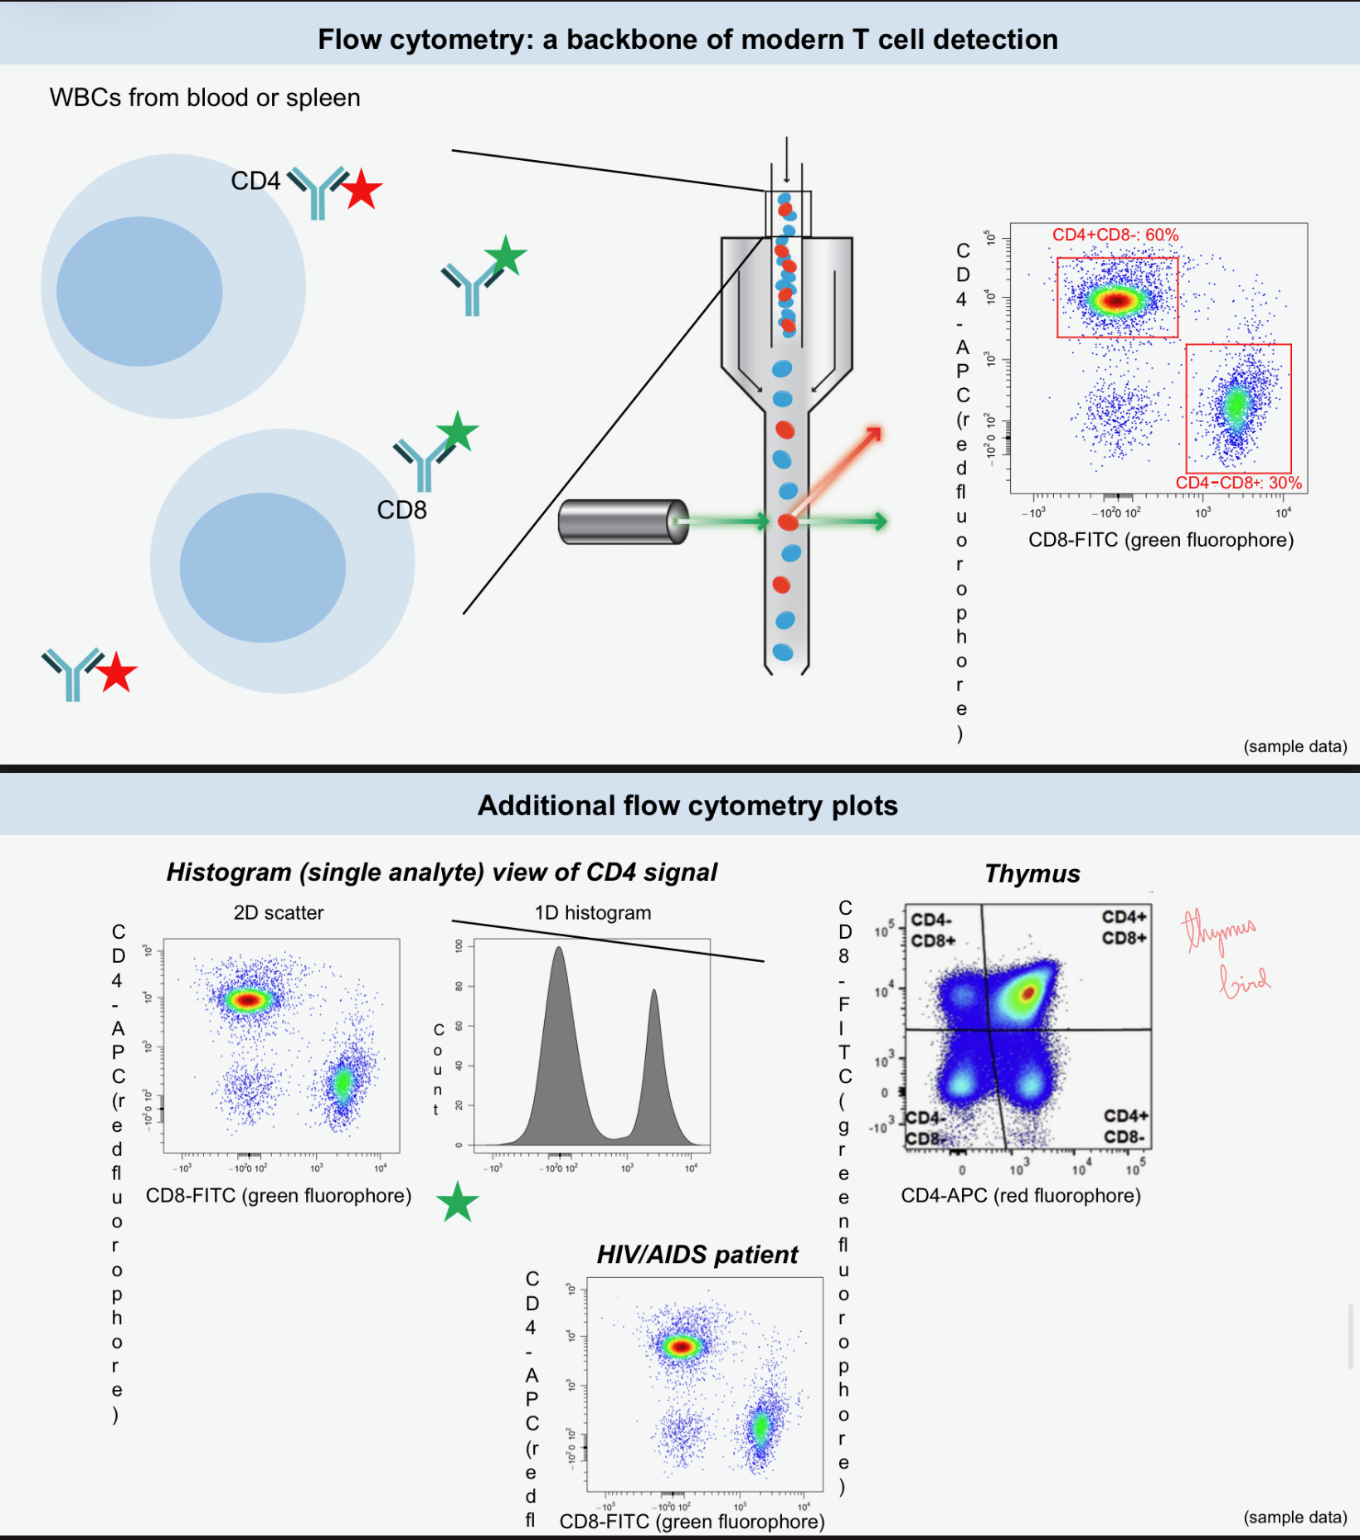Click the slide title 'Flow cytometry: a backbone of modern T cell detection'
pos(687,40)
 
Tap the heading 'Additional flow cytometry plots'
pos(687,805)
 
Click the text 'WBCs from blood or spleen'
pos(205,98)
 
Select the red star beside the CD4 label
pos(362,191)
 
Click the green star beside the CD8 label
pos(457,432)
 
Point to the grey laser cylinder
pos(623,522)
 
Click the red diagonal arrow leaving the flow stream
pos(838,468)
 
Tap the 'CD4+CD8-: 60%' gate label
pos(1115,235)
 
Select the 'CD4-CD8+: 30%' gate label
pos(1238,483)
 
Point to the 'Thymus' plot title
pos(1032,874)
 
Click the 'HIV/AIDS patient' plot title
pos(697,1255)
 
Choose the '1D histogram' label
pos(593,913)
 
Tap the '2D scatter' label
pos(279,913)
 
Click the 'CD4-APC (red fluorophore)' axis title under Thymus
pos(1021,1196)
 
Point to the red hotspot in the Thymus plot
pos(1029,992)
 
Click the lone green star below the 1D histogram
pos(457,1202)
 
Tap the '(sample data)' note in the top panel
pos(1294,746)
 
